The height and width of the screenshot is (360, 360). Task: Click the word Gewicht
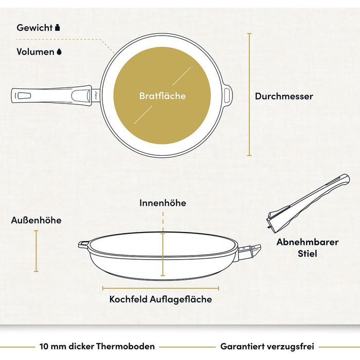point(34,28)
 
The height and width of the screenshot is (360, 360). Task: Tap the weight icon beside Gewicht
point(58,28)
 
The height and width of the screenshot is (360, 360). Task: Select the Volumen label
point(35,51)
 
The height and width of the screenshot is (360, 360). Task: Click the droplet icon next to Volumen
point(59,52)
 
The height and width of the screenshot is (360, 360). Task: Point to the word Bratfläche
point(163,96)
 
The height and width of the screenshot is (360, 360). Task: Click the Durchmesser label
point(284,96)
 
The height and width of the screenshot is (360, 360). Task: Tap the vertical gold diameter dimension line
point(249,94)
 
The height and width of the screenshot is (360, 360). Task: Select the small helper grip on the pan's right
point(227,95)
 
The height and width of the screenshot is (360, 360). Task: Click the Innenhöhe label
point(163,203)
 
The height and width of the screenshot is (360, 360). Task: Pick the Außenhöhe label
point(37,220)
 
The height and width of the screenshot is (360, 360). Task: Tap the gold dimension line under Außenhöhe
point(36,251)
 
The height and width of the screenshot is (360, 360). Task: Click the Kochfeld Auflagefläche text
point(160,299)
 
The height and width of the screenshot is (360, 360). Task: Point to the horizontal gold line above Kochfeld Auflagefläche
point(160,288)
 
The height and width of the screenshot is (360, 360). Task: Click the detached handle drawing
point(308,204)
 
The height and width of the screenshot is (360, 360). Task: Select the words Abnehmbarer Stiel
point(308,248)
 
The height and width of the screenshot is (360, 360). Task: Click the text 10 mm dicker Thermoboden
point(97,346)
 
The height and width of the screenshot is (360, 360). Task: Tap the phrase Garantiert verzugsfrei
point(267,346)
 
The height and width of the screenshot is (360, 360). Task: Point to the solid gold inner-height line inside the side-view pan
point(163,255)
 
